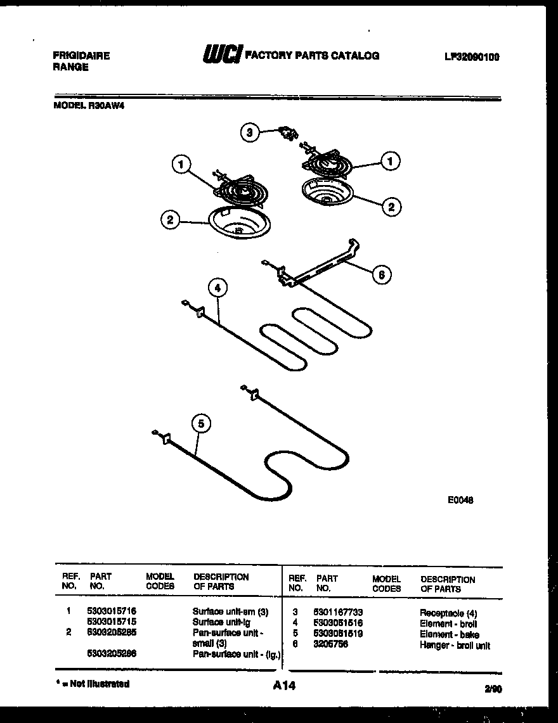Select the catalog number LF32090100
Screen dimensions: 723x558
[472, 56]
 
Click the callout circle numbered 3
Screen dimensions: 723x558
[250, 132]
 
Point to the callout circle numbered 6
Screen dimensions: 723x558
[382, 274]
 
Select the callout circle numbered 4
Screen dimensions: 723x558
[217, 288]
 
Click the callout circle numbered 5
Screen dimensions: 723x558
[200, 424]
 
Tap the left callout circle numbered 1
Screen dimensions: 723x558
[181, 165]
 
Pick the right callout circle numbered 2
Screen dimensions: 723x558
[391, 205]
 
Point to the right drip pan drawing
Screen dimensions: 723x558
[326, 191]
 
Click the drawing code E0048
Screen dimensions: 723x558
[460, 500]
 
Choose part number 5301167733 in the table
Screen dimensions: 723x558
[337, 613]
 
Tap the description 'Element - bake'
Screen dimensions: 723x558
[449, 634]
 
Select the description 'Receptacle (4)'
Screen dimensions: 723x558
[448, 613]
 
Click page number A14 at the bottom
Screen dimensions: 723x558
[285, 686]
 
